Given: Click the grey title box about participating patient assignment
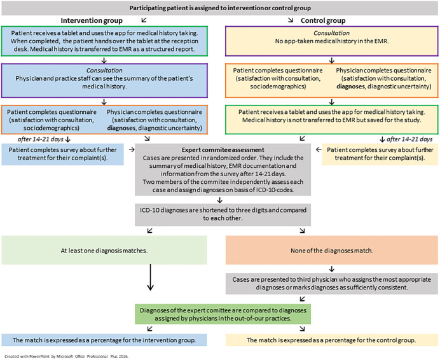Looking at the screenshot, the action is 220,8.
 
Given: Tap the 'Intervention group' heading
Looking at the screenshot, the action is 92,20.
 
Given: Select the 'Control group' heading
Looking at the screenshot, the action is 323,20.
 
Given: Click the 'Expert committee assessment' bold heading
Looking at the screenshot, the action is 223,150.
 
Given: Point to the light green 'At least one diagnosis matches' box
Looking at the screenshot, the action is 104,250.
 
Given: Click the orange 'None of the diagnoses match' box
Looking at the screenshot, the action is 332,250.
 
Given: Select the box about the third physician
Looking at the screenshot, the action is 332,284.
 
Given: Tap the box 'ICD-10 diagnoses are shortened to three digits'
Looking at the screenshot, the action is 223,214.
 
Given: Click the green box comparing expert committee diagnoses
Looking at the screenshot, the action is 223,314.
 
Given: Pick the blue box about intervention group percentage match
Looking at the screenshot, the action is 104,340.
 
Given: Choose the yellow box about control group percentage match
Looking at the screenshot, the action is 332,340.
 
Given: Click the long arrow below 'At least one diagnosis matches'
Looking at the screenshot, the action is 151,277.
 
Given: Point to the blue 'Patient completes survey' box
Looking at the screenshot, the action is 62,154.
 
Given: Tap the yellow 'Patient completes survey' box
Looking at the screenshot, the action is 380,154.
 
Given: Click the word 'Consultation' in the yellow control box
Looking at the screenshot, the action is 332,33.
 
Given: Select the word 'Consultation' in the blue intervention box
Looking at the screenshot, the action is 104,71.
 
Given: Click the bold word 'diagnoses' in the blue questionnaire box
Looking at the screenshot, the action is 121,128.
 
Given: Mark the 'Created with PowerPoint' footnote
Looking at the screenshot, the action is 67,356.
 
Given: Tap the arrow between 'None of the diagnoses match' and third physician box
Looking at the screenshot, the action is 332,269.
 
